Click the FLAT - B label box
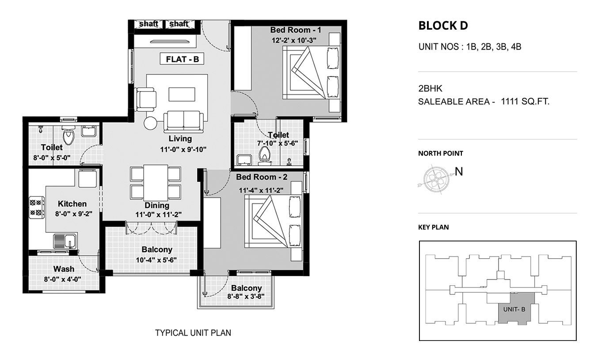tap(182, 59)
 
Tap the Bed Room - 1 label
tap(296, 30)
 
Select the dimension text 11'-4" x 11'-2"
tap(261, 190)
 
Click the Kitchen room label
tap(72, 203)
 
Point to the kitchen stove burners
tap(37, 207)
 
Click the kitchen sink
tap(65, 241)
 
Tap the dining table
tap(156, 183)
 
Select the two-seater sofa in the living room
tap(183, 122)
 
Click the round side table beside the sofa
tap(150, 123)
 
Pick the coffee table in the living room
tap(182, 94)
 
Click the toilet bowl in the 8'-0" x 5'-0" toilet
tap(68, 135)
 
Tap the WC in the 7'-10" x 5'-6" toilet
tap(264, 156)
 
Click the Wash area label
tap(64, 269)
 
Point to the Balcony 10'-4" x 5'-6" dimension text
tap(156, 260)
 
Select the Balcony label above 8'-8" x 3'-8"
tap(247, 288)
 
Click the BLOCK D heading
tap(443, 26)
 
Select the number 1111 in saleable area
tap(510, 101)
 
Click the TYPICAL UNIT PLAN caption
tap(193, 333)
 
